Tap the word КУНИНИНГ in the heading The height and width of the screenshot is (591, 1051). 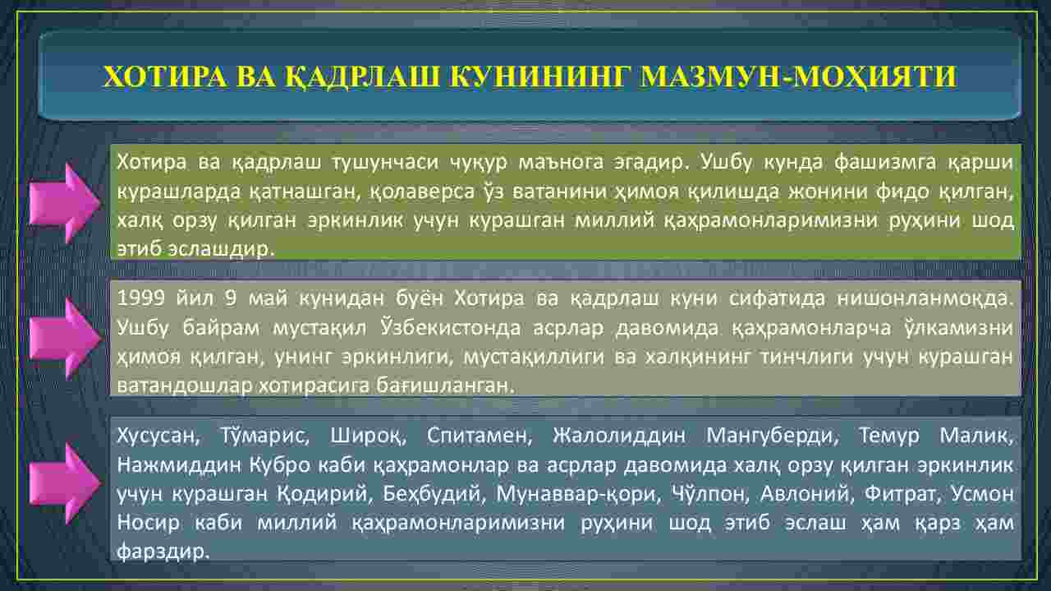pos(538,76)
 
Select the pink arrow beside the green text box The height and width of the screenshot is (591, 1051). pos(65,203)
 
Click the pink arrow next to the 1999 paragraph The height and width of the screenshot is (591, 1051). pos(65,339)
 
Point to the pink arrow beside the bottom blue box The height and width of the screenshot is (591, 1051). pos(65,483)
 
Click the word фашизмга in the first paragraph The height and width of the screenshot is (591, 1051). pos(885,163)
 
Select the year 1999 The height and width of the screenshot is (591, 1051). pos(140,298)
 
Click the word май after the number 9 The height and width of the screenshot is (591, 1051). pos(268,298)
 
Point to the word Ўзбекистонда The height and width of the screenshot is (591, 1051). pos(451,327)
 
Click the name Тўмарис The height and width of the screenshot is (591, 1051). pos(264,436)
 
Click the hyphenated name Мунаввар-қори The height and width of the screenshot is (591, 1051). pos(579,494)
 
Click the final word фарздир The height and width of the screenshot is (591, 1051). pos(163,551)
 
